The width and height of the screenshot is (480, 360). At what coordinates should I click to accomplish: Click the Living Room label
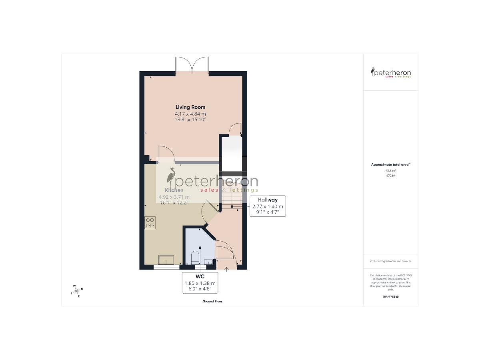point(190,107)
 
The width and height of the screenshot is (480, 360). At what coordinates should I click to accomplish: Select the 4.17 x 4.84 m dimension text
point(190,114)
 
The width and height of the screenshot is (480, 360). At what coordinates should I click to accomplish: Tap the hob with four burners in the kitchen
point(150,222)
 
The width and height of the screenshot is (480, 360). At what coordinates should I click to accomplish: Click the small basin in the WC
point(209,262)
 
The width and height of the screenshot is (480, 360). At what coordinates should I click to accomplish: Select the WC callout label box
point(200,283)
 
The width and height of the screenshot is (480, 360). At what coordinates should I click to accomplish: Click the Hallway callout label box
point(268,206)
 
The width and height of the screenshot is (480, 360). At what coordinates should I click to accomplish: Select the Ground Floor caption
point(212,301)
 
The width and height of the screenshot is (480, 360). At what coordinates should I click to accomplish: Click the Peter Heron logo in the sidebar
point(390,72)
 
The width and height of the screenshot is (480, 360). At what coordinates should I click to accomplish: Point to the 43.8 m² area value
point(390,171)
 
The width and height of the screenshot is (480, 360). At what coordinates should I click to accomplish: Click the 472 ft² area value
point(390,175)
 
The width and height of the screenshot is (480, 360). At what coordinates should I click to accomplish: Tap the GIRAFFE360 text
point(390,296)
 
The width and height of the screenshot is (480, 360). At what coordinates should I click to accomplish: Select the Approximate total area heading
point(390,164)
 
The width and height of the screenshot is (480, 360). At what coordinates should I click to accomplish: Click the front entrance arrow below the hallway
point(227,269)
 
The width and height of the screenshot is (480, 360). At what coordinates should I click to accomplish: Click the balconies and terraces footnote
point(390,261)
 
